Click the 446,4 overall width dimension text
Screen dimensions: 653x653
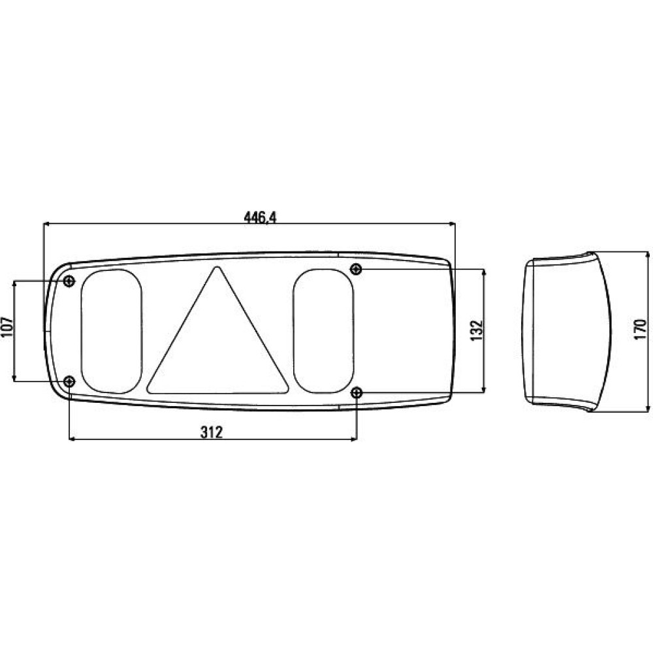260,217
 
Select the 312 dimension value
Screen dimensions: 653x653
212,432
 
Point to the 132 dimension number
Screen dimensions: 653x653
477,330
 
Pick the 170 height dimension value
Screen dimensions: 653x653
640,329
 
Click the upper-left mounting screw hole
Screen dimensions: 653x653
69,281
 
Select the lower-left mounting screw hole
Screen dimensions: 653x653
69,381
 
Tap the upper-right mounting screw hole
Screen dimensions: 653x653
356,269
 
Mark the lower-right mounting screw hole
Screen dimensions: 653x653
357,392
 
